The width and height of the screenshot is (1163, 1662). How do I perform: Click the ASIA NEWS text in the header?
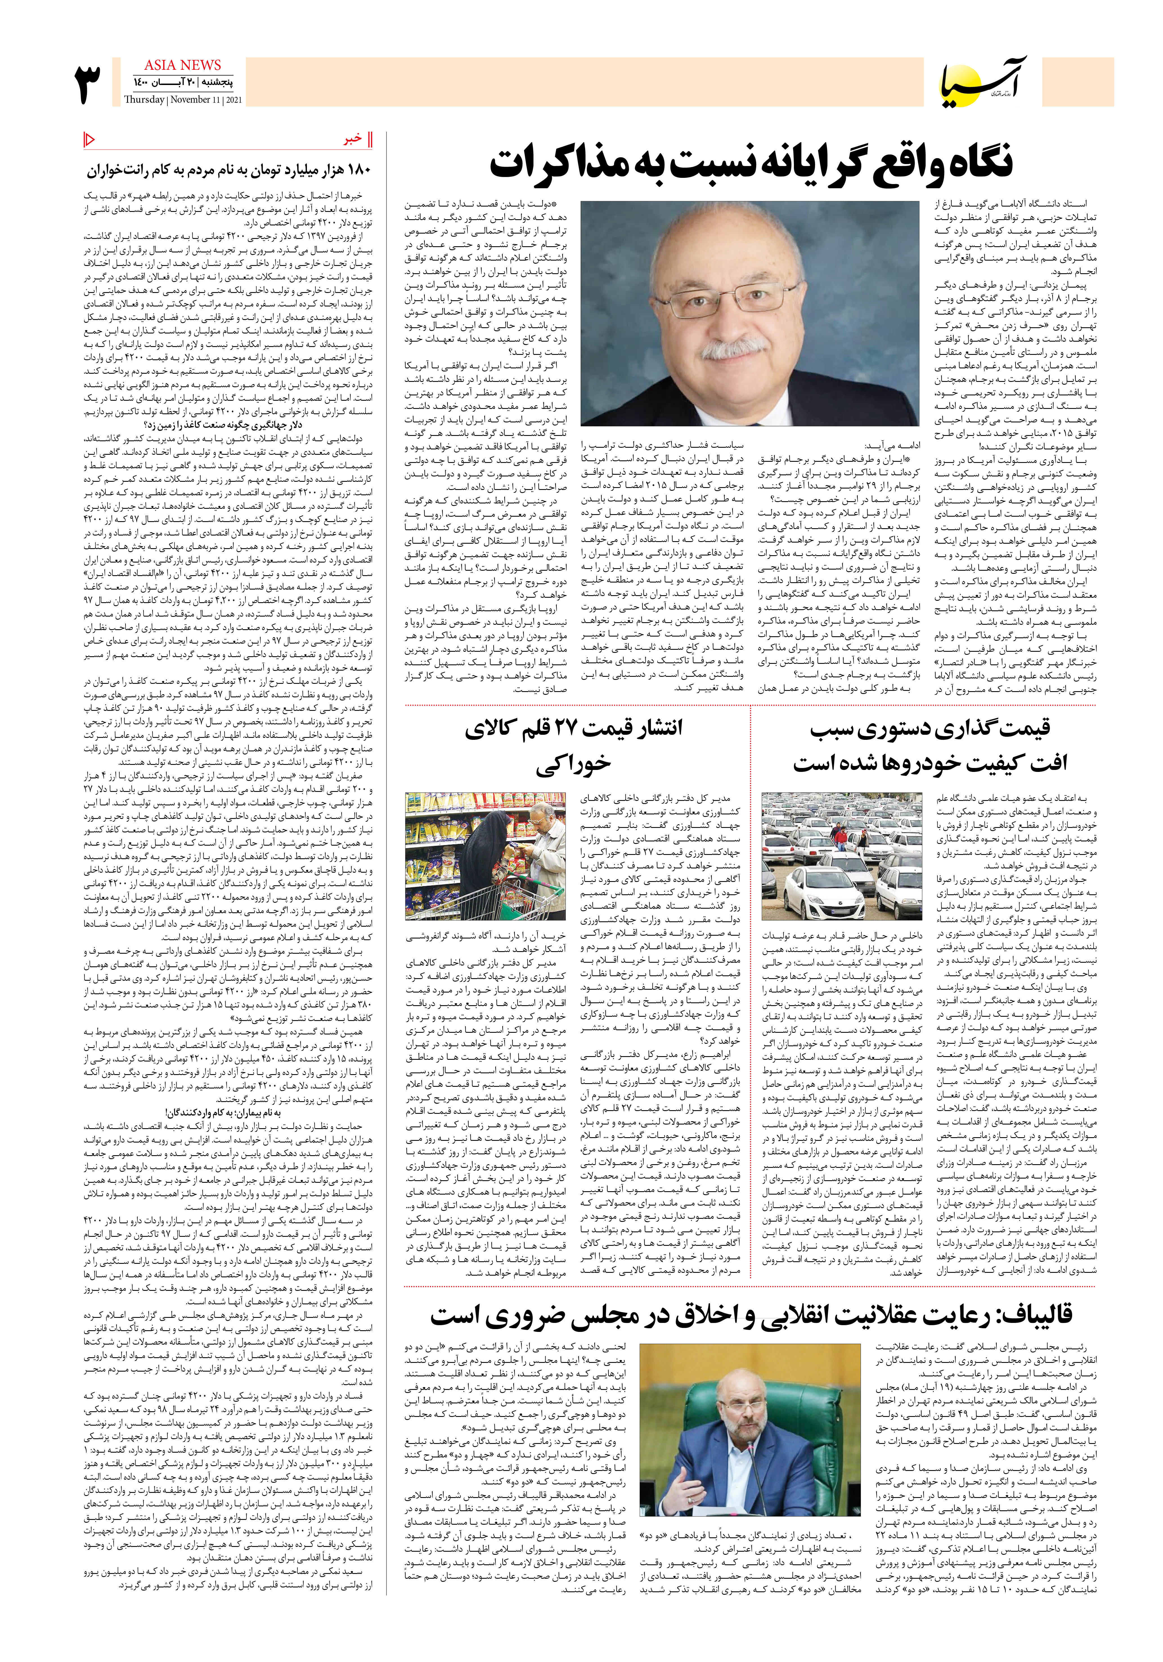coord(182,65)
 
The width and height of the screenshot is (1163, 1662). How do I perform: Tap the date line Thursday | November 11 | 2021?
coord(183,100)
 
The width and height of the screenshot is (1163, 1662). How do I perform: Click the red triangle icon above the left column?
coord(90,138)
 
